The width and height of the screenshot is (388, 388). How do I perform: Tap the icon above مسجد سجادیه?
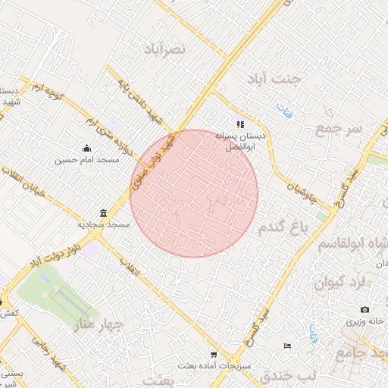(103, 213)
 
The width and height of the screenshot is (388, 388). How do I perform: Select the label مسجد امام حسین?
(87, 160)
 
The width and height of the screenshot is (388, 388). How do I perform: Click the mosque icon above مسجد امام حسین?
(87, 149)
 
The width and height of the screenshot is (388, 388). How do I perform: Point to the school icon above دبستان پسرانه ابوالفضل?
(240, 124)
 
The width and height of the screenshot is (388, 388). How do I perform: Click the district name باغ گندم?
(285, 227)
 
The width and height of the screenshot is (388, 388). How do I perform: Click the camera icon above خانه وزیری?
(365, 309)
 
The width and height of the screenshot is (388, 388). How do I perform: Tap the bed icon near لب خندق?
(286, 346)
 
